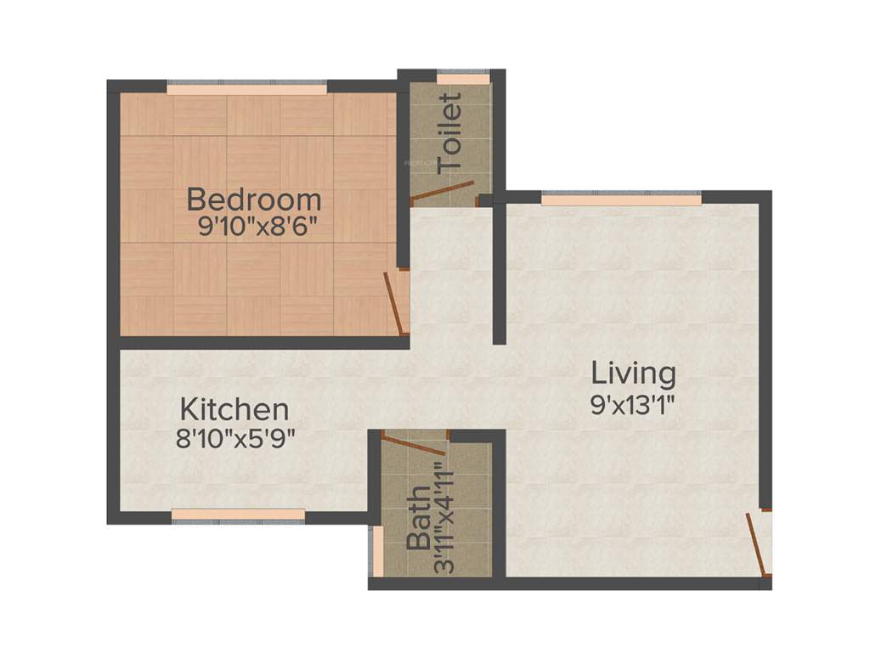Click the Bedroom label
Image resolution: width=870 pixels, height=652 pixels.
(x=254, y=200)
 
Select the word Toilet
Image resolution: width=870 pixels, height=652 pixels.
(x=450, y=134)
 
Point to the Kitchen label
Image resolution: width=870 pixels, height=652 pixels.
(x=234, y=409)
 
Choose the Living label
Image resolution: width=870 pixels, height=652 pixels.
(x=634, y=373)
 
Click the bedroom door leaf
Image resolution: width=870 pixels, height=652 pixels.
(x=393, y=303)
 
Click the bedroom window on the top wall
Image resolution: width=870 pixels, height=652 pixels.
(x=246, y=88)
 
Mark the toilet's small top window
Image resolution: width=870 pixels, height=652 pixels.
(x=463, y=80)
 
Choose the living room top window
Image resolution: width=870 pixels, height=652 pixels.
(x=622, y=200)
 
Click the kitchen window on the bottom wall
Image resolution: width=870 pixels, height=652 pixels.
(x=238, y=514)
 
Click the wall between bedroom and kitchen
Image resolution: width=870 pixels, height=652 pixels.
(x=255, y=343)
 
